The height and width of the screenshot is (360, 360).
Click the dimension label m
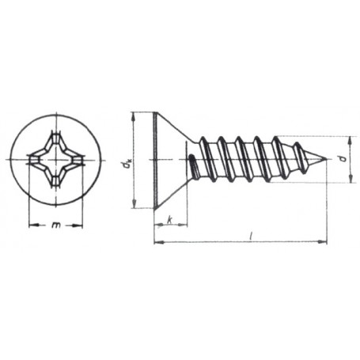pos(56,225)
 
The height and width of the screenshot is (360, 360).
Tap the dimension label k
pos(170,219)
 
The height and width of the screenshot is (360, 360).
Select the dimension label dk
pos(127,165)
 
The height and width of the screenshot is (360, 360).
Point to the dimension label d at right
pos(343,158)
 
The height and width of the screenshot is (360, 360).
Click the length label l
pos(251,237)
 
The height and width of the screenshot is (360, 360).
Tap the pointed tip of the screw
pos(327,159)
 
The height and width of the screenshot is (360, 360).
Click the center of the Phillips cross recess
pos(56,159)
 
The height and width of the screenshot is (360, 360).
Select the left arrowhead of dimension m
pos(33,225)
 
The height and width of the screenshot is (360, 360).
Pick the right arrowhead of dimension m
pos(78,225)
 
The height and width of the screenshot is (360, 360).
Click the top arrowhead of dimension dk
pos(134,117)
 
